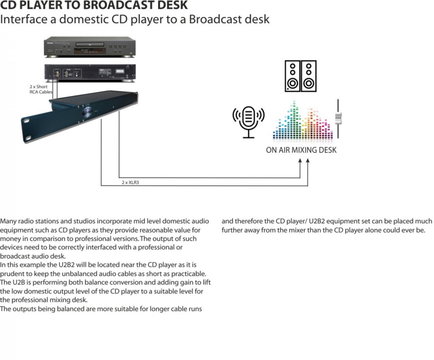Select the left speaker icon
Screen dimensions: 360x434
click(x=293, y=76)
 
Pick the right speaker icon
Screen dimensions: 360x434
click(x=309, y=76)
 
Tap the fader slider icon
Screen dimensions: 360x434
click(x=338, y=119)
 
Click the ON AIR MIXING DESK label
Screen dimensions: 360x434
click(x=301, y=150)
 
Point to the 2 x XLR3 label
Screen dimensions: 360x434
click(x=130, y=183)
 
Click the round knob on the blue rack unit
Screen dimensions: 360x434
click(x=88, y=112)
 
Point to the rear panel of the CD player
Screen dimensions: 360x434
click(x=90, y=73)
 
